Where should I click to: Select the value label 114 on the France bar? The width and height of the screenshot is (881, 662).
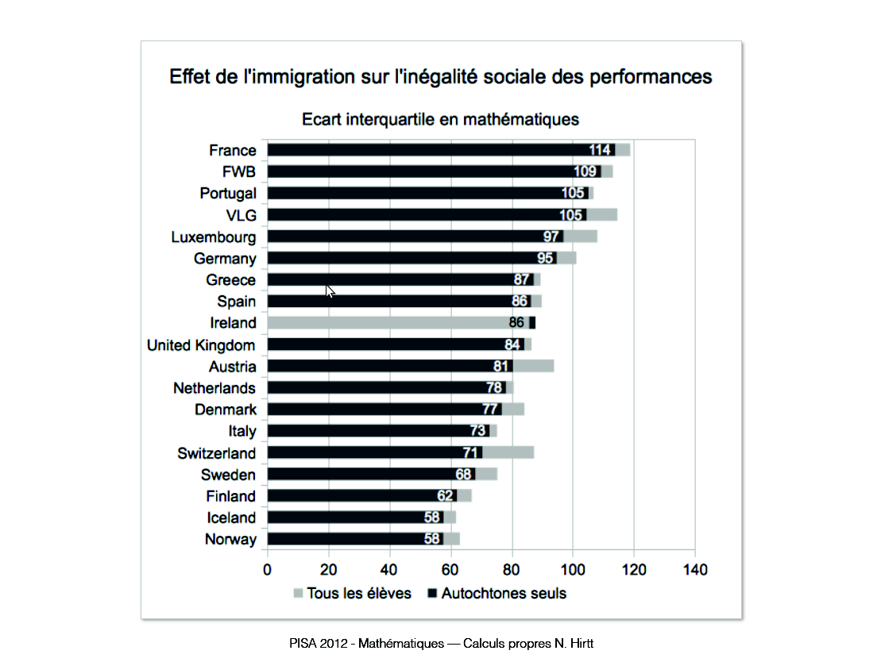point(599,150)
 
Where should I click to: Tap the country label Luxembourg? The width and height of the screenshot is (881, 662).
point(214,237)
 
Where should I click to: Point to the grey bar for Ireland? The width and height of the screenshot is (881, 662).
point(389,323)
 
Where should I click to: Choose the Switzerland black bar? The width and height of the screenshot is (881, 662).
point(365,452)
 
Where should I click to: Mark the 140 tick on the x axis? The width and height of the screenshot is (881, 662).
point(694,570)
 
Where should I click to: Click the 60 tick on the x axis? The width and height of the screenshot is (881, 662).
point(450,570)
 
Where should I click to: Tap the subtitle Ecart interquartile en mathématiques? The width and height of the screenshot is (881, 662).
point(440,120)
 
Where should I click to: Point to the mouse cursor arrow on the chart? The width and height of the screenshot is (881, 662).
point(330,291)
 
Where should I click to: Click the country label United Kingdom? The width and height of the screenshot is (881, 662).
point(201,345)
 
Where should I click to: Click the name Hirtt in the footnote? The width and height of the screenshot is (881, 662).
point(578,644)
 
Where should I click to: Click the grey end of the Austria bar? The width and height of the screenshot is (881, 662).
point(533,366)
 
